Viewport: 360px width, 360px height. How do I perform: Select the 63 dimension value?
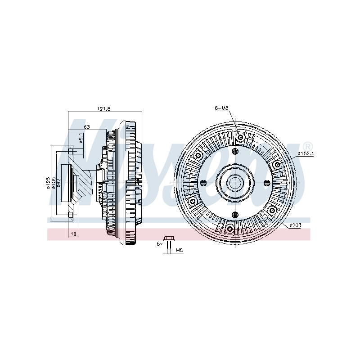pyautogui.click(x=86, y=127)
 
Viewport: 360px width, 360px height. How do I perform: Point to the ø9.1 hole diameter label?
pyautogui.click(x=81, y=138)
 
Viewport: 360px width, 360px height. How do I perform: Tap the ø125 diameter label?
pyautogui.click(x=48, y=183)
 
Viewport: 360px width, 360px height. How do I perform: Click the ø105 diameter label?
pyautogui.click(x=54, y=183)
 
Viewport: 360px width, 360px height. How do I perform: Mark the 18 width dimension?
pyautogui.click(x=73, y=234)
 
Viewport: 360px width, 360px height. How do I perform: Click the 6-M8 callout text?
pyautogui.click(x=221, y=108)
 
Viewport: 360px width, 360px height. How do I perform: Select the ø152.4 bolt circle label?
pyautogui.click(x=306, y=153)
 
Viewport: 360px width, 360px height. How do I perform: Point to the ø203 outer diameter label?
pyautogui.click(x=295, y=225)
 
